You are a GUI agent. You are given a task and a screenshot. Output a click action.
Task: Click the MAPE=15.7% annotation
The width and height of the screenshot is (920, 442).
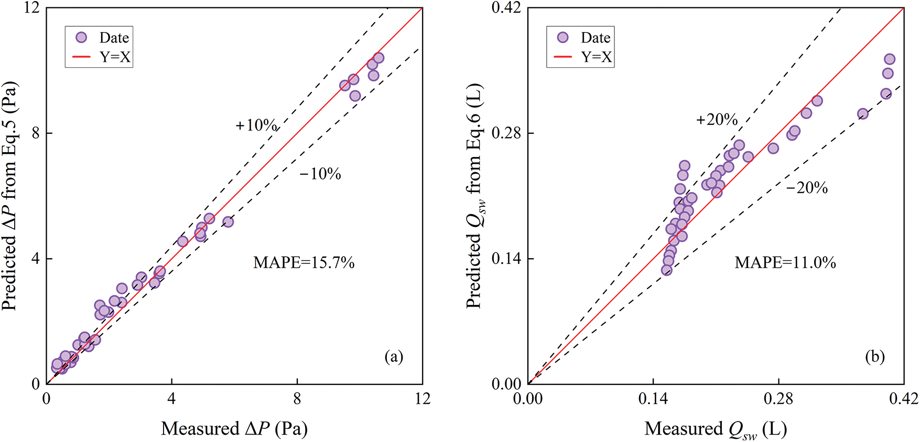tap(304, 262)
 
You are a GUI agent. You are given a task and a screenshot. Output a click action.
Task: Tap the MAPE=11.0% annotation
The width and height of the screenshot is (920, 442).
tap(785, 262)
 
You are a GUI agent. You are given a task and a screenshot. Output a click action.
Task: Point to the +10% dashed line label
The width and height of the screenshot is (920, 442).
tap(256, 125)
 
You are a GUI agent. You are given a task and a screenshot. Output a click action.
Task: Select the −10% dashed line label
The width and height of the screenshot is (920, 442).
tap(320, 174)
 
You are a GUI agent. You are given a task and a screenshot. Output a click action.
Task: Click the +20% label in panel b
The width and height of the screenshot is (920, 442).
tap(717, 120)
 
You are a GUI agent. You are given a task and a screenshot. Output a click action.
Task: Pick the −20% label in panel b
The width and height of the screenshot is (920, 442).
tap(807, 188)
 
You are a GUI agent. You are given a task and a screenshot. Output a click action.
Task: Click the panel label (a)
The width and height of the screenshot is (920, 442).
tap(394, 357)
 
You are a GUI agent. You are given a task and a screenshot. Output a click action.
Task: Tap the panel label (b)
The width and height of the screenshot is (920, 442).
tap(875, 357)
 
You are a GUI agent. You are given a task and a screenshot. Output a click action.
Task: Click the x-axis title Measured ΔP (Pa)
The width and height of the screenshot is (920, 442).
tap(234, 429)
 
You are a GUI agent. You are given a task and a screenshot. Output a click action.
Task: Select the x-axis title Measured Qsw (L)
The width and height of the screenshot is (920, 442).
tap(716, 429)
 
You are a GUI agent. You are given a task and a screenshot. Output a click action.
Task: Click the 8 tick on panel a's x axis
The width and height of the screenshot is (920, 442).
tap(297, 399)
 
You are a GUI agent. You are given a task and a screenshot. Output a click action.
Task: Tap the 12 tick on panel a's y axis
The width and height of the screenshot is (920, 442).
tap(33, 8)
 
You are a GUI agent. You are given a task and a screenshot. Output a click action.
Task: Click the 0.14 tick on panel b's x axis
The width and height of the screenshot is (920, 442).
tap(653, 399)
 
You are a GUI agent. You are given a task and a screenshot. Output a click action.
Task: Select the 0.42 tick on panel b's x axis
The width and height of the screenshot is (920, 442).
tap(904, 399)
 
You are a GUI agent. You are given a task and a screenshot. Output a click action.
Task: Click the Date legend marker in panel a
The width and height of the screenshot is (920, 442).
tap(81, 37)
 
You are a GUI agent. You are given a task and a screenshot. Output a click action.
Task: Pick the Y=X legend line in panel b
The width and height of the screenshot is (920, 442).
tap(562, 57)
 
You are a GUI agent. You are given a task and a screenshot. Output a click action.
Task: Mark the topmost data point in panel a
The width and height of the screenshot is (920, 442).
tap(378, 58)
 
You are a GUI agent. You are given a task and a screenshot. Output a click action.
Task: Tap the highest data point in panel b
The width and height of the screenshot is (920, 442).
tap(890, 59)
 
